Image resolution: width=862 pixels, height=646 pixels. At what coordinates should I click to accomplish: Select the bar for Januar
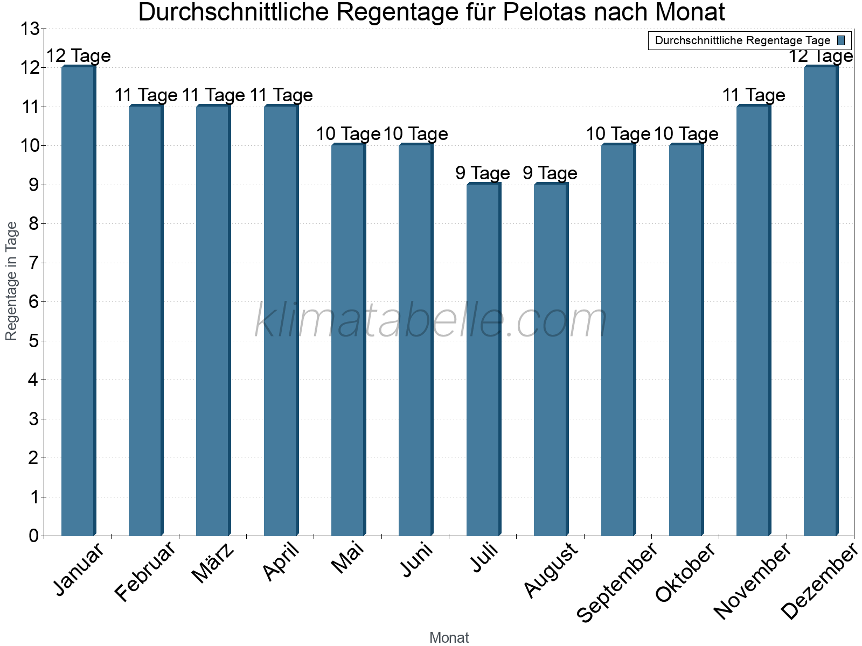(x=78, y=301)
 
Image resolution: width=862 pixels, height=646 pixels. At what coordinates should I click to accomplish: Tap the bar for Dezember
(x=821, y=301)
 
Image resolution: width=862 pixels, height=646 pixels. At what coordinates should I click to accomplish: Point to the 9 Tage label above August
(x=550, y=173)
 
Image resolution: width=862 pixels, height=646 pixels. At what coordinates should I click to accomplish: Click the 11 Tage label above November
(x=753, y=95)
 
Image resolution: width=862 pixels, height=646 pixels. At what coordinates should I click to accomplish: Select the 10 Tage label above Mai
(x=348, y=134)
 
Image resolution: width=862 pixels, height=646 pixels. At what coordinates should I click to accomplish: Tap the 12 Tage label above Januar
(x=78, y=56)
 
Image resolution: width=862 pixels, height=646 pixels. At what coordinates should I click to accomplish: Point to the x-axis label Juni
(x=416, y=560)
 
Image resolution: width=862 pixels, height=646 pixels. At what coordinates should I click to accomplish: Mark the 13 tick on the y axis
(x=30, y=29)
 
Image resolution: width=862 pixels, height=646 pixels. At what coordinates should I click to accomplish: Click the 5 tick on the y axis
(x=33, y=341)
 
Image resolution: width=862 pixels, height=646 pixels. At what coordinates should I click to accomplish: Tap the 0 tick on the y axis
(x=33, y=536)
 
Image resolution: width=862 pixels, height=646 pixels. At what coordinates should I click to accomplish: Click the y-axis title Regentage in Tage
(x=11, y=281)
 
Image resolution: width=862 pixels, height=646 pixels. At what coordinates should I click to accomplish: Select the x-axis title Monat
(x=449, y=638)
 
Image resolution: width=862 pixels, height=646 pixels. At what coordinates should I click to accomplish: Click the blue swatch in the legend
(x=841, y=40)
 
